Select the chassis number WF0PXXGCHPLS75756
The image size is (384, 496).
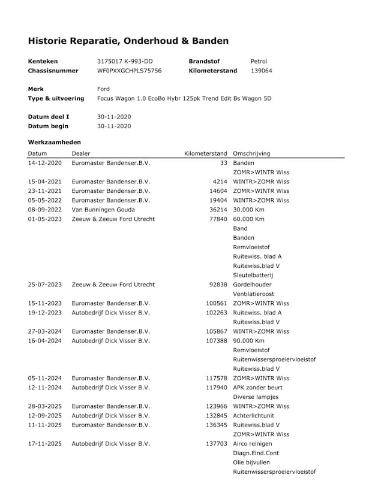(129, 71)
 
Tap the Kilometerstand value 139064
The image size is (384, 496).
(261, 71)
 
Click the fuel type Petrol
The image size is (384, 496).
(259, 61)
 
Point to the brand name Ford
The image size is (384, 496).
(103, 89)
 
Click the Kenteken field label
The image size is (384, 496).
(43, 61)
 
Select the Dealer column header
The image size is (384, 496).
(81, 153)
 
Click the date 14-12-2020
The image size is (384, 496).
(44, 163)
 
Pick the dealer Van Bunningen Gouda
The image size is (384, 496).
(103, 210)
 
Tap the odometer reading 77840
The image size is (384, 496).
(217, 219)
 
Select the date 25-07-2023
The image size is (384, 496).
(44, 285)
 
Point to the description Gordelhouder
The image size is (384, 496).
(252, 285)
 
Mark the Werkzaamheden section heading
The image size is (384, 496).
(55, 142)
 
